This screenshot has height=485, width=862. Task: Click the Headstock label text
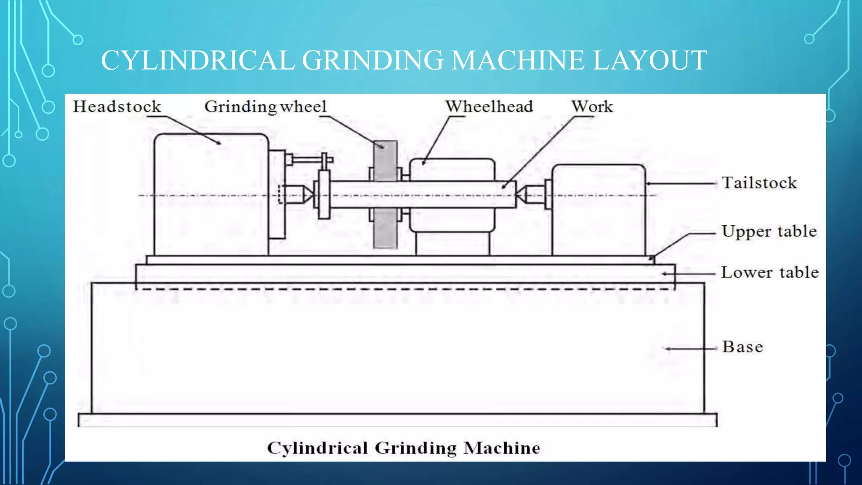(x=117, y=107)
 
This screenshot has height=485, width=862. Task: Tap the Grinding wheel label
(x=265, y=107)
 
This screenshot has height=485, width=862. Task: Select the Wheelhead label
(x=489, y=107)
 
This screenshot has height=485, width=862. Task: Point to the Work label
(x=592, y=107)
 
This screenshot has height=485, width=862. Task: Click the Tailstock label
(x=759, y=183)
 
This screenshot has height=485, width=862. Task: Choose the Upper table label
(x=769, y=232)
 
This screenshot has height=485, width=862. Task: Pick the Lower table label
(x=770, y=272)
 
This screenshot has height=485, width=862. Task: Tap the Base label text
(x=742, y=347)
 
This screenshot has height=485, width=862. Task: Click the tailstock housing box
(x=598, y=223)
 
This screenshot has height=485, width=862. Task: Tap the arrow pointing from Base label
(x=690, y=349)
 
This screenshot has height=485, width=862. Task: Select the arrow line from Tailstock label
(x=682, y=184)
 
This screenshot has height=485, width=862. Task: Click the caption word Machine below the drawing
(x=502, y=448)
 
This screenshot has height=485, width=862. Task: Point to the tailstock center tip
(x=519, y=195)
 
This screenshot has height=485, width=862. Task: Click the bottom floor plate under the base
(x=397, y=420)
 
